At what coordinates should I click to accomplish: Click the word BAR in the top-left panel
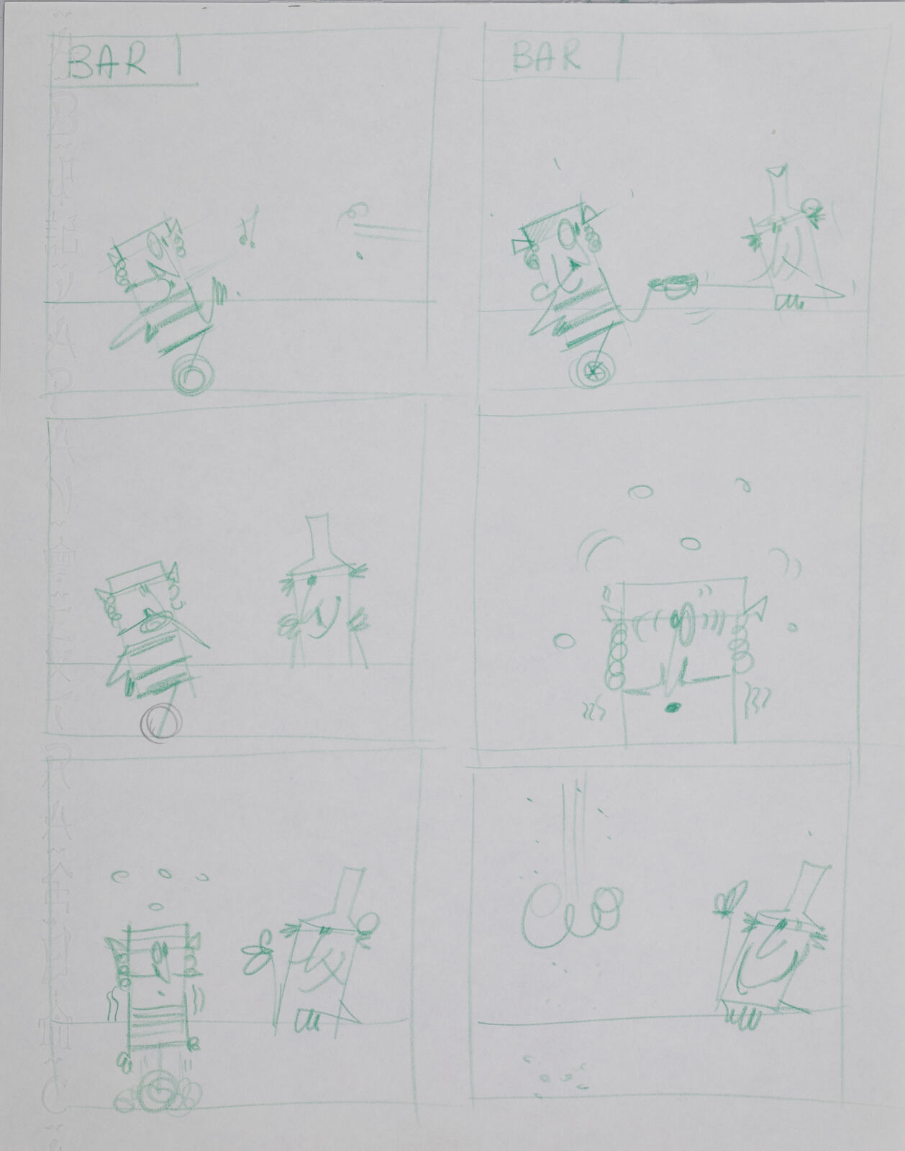[x=108, y=63]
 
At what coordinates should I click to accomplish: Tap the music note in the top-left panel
[x=246, y=228]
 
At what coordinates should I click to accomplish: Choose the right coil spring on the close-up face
[x=741, y=644]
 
